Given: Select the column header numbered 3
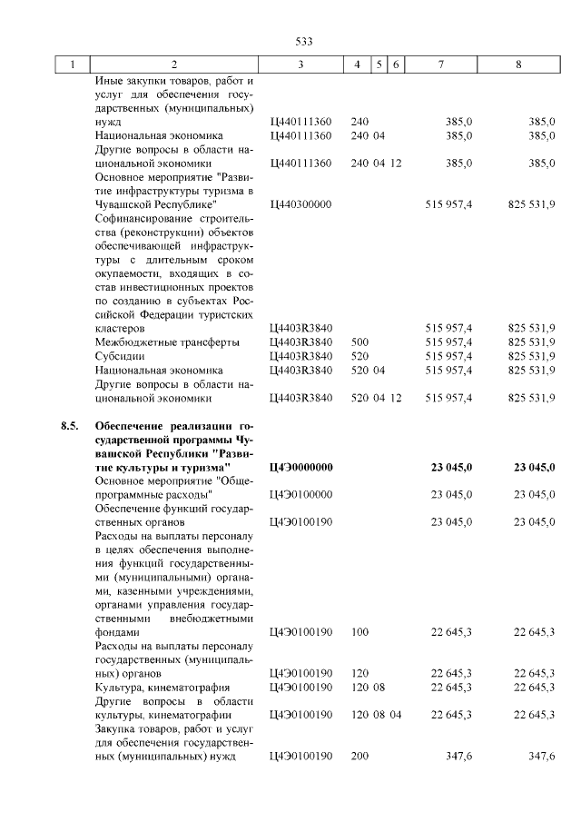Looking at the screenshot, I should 300,65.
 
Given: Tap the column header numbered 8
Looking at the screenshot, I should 518,65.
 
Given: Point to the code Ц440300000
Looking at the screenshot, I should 302,206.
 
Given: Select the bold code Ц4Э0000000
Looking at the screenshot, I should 302,467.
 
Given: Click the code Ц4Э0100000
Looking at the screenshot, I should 302,494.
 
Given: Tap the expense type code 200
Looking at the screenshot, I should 359,757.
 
